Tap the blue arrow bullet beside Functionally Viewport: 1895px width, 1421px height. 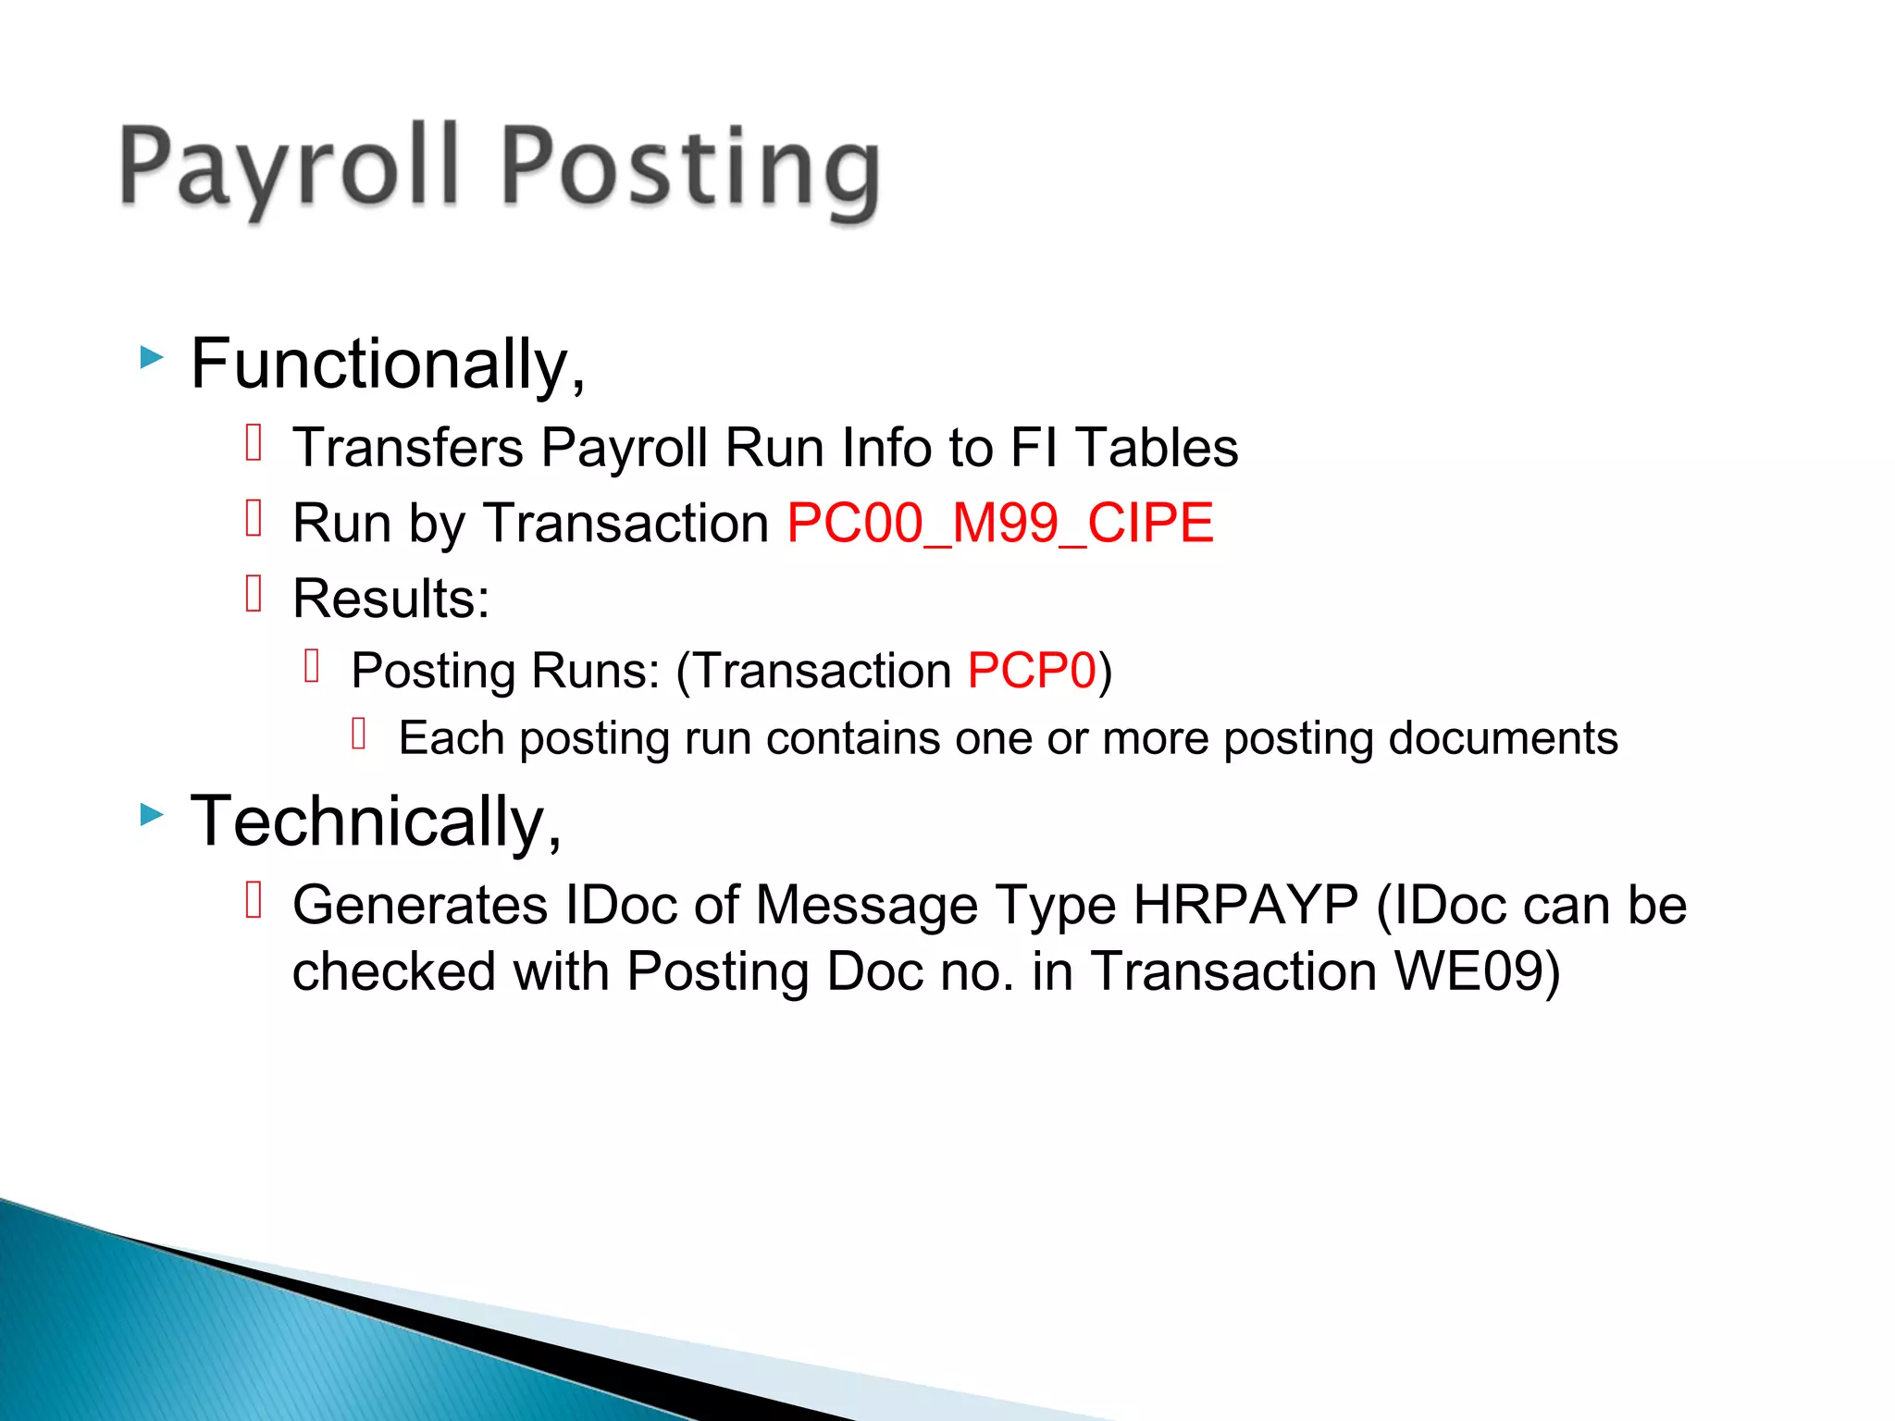click(x=152, y=357)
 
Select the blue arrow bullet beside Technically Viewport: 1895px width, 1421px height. click(x=152, y=815)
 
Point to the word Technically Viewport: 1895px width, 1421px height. click(x=375, y=822)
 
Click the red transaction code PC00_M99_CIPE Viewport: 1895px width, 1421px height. click(x=999, y=523)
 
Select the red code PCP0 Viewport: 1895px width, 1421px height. click(x=1032, y=670)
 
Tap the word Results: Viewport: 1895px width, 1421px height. click(x=390, y=599)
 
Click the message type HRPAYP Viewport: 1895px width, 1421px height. click(x=1245, y=904)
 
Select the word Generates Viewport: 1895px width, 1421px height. click(x=420, y=904)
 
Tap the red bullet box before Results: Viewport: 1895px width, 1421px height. click(x=254, y=593)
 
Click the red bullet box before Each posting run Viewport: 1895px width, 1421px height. click(x=360, y=734)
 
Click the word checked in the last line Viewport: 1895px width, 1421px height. click(x=394, y=971)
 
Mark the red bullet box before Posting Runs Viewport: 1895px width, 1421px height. click(x=312, y=665)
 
